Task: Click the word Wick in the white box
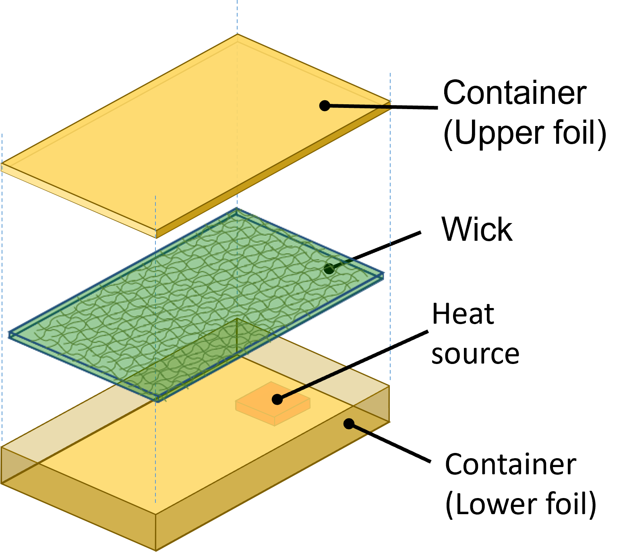click(x=477, y=229)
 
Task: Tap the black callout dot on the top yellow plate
click(x=325, y=106)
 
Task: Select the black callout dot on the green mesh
click(x=329, y=269)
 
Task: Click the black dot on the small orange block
click(x=277, y=399)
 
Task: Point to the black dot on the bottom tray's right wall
click(x=349, y=424)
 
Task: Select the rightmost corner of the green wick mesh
click(x=383, y=275)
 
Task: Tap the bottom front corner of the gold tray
click(x=156, y=550)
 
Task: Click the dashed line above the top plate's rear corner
click(x=237, y=16)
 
